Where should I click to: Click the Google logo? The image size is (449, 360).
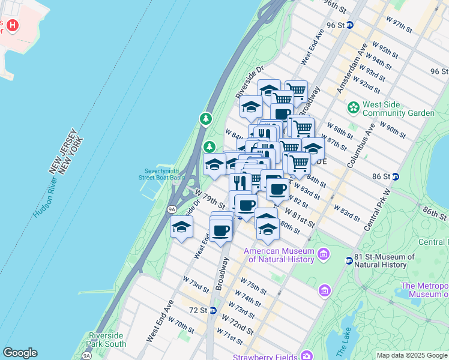pyautogui.click(x=20, y=353)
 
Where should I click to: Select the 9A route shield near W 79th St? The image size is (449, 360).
pyautogui.click(x=172, y=209)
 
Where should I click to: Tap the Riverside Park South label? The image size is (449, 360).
pyautogui.click(x=107, y=339)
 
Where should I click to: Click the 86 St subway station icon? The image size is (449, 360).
pyautogui.click(x=396, y=176)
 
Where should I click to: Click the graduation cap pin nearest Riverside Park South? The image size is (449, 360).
pyautogui.click(x=181, y=227)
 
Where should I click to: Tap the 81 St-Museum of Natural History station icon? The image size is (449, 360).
pyautogui.click(x=349, y=260)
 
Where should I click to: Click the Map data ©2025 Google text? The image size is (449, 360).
pyautogui.click(x=412, y=355)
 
